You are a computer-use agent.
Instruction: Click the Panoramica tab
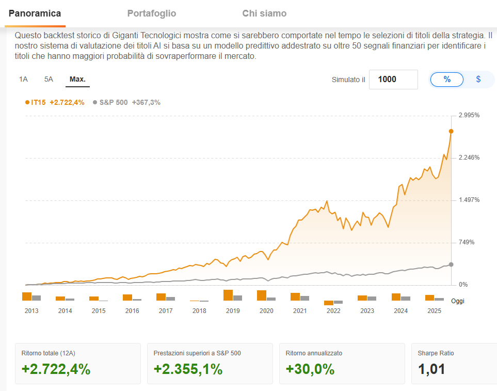click(x=35, y=13)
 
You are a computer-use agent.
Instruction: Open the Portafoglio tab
click(x=152, y=13)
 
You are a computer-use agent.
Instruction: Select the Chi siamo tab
click(x=264, y=13)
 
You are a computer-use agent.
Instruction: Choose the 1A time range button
click(x=23, y=80)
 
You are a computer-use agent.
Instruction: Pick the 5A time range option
click(x=49, y=80)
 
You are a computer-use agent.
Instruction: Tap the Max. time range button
click(x=77, y=80)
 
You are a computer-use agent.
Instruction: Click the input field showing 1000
click(x=393, y=80)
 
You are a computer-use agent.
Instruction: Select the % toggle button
click(x=447, y=80)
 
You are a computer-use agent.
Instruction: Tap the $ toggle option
click(x=478, y=80)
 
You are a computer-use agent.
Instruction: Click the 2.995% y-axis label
click(x=469, y=115)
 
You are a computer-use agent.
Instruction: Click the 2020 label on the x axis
click(x=266, y=311)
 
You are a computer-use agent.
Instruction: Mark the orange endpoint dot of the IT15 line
click(x=451, y=131)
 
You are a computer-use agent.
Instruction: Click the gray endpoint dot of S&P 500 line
click(x=451, y=264)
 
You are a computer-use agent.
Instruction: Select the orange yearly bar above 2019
click(x=228, y=295)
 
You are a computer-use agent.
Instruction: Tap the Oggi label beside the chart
click(x=457, y=301)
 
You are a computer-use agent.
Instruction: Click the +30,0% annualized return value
click(x=310, y=369)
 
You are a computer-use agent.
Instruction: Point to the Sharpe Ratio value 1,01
click(x=431, y=369)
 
